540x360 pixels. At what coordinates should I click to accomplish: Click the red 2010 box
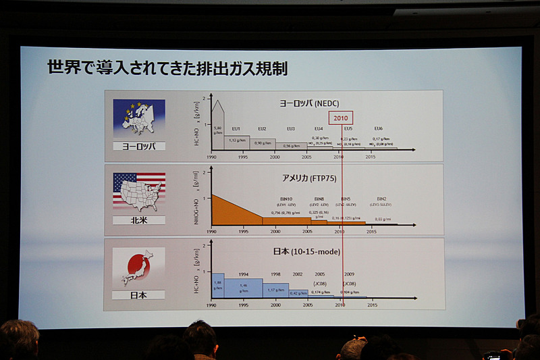tap(341, 118)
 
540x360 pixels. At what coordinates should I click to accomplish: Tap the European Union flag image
tap(139, 120)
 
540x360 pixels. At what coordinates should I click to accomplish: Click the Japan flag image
tap(138, 267)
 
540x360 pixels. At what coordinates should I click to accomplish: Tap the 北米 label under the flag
tap(138, 221)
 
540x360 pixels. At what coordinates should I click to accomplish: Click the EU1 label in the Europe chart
tap(236, 128)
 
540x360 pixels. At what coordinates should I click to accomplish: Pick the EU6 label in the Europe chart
tap(378, 128)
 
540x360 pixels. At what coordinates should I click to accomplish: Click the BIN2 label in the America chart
tap(382, 199)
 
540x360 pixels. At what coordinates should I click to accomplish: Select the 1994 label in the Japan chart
tap(243, 274)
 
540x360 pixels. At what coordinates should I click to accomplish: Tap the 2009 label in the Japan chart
tap(349, 274)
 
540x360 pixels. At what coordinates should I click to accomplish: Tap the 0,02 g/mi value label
tap(383, 219)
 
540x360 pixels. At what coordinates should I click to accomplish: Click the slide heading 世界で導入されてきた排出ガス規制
tap(167, 68)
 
